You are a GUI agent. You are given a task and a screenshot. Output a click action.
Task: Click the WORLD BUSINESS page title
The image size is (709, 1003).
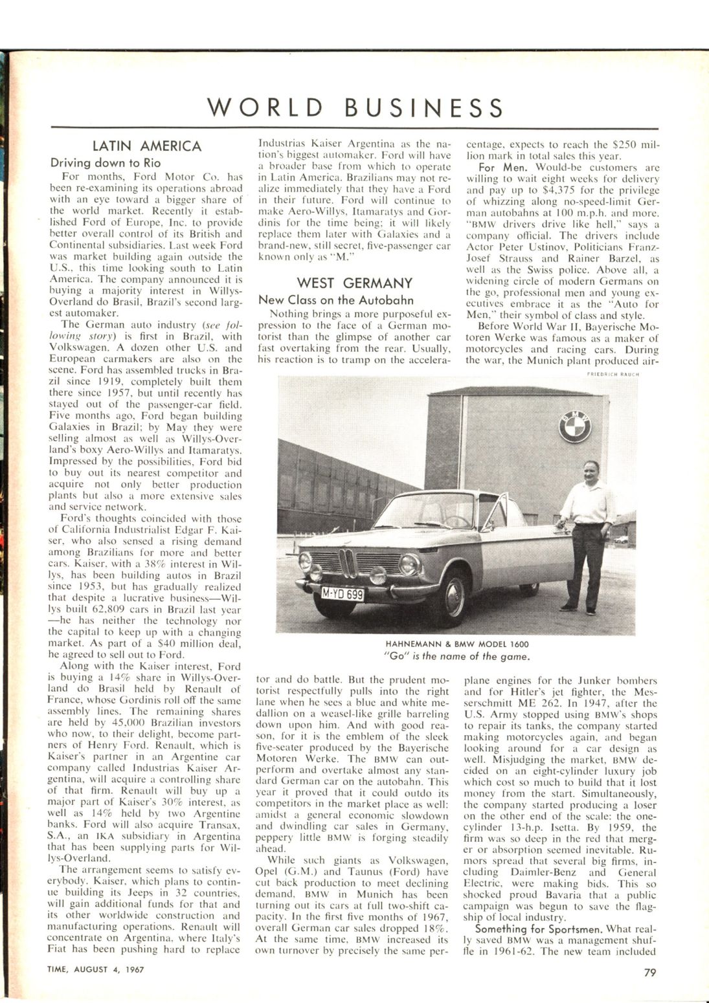354,107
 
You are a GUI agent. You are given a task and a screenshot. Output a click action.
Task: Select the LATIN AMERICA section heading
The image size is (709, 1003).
147,146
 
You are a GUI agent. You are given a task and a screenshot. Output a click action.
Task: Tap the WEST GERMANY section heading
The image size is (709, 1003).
354,283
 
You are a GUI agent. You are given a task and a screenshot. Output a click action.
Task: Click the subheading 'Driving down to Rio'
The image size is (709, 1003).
106,163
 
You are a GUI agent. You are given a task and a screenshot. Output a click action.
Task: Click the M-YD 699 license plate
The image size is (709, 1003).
343,593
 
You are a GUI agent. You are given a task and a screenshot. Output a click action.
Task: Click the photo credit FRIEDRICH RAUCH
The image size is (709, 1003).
613,373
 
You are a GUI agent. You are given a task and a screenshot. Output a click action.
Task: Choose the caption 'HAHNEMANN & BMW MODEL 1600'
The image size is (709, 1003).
457,645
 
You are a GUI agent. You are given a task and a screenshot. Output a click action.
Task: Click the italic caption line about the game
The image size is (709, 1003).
457,657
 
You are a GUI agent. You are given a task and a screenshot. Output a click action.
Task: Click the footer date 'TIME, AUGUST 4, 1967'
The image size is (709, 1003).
95,969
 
